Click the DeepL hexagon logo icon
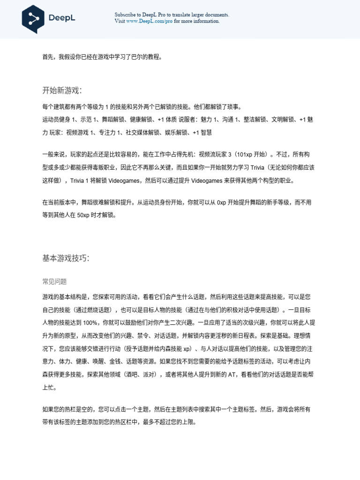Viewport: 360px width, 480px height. (x=33, y=19)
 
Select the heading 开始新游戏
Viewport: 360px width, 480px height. (x=62, y=90)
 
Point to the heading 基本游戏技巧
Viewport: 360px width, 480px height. (x=66, y=258)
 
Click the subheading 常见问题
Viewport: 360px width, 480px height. (x=55, y=282)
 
